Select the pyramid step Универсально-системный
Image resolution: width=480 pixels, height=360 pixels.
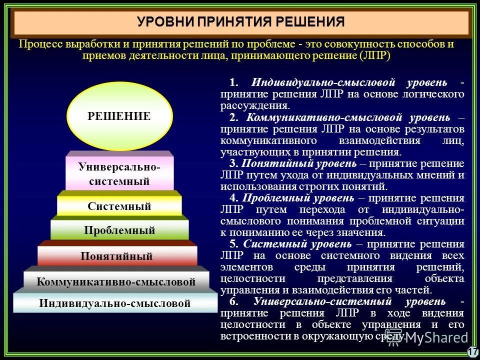pos(119,174)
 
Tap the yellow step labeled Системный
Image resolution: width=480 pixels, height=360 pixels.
pos(119,206)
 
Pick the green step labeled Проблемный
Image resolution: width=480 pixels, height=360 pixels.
pos(119,230)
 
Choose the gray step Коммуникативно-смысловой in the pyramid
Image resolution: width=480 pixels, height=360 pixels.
pos(116,281)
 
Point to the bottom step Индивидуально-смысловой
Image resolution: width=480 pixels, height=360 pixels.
pos(115,303)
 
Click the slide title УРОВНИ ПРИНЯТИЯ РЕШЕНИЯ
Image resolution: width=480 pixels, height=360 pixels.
pos(241,22)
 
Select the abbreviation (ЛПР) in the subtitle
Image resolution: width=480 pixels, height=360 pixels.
pos(374,55)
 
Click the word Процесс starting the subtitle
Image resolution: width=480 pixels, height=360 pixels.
pos(39,44)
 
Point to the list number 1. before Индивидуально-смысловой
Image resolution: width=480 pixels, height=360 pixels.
pos(233,82)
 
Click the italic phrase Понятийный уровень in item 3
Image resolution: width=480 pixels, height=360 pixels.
pos(299,163)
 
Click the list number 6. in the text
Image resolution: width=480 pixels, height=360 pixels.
pos(233,301)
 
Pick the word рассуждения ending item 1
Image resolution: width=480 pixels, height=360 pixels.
pos(254,105)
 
